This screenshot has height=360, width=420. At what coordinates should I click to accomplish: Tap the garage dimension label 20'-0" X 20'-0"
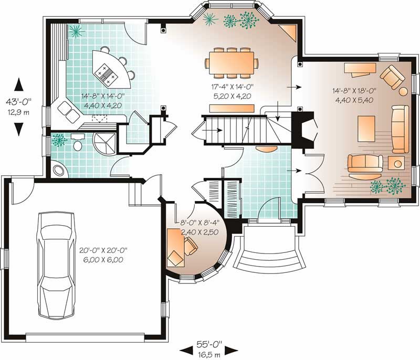coord(103,255)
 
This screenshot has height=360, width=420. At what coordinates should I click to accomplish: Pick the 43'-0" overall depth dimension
coord(19,104)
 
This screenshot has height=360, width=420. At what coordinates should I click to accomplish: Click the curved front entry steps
coord(270,257)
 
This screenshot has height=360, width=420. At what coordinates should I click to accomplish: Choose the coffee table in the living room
coord(366,126)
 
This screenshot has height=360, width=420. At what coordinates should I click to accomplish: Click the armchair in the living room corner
coord(392,78)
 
